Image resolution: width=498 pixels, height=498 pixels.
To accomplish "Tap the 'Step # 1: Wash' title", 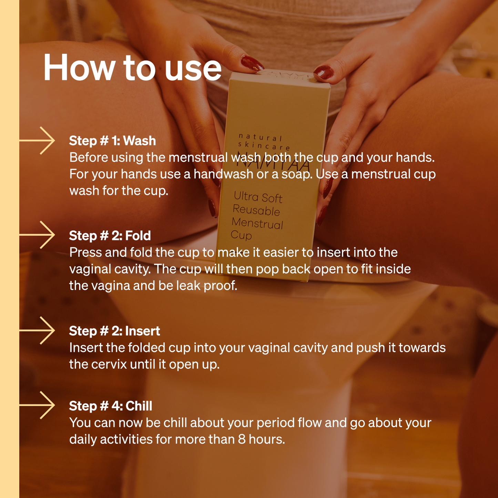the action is pyautogui.click(x=112, y=141).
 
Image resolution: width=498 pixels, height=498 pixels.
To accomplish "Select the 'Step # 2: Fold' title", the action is pyautogui.click(x=110, y=236).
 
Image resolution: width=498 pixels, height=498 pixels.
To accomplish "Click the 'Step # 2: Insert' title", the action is pyautogui.click(x=114, y=331).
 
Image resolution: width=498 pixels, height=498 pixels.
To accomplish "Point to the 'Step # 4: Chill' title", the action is pyautogui.click(x=111, y=406).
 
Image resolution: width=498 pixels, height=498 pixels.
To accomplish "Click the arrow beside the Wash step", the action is pyautogui.click(x=37, y=141).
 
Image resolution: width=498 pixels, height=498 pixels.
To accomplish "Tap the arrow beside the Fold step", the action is pyautogui.click(x=37, y=235).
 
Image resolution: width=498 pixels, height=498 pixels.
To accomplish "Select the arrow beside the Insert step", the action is pyautogui.click(x=37, y=330).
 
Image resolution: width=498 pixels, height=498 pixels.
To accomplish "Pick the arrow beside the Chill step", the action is pyautogui.click(x=37, y=405).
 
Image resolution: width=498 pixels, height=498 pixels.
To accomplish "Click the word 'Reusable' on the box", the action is pyautogui.click(x=256, y=210).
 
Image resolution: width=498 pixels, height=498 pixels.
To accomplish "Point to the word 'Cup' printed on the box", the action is pyautogui.click(x=241, y=235).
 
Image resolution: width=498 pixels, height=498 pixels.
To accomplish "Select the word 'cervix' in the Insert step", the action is pyautogui.click(x=109, y=364).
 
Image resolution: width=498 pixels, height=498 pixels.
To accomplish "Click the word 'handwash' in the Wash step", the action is pyautogui.click(x=224, y=174).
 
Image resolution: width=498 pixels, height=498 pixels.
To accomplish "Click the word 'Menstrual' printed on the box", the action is pyautogui.click(x=257, y=223).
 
